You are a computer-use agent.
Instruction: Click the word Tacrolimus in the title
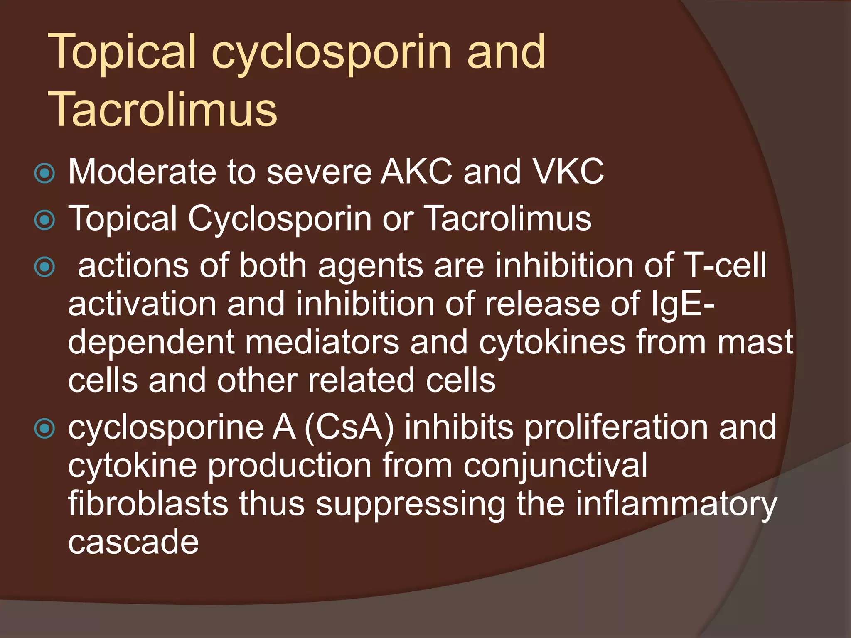pyautogui.click(x=163, y=109)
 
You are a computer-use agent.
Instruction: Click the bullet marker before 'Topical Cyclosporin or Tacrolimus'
pyautogui.click(x=45, y=220)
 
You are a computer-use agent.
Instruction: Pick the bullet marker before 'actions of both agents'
pyautogui.click(x=45, y=267)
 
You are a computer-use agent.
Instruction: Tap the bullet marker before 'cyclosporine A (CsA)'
pyautogui.click(x=45, y=428)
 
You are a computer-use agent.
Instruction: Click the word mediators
pyautogui.click(x=322, y=342)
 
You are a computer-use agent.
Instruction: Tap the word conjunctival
pyautogui.click(x=555, y=466)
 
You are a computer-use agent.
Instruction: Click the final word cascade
pyautogui.click(x=133, y=542)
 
